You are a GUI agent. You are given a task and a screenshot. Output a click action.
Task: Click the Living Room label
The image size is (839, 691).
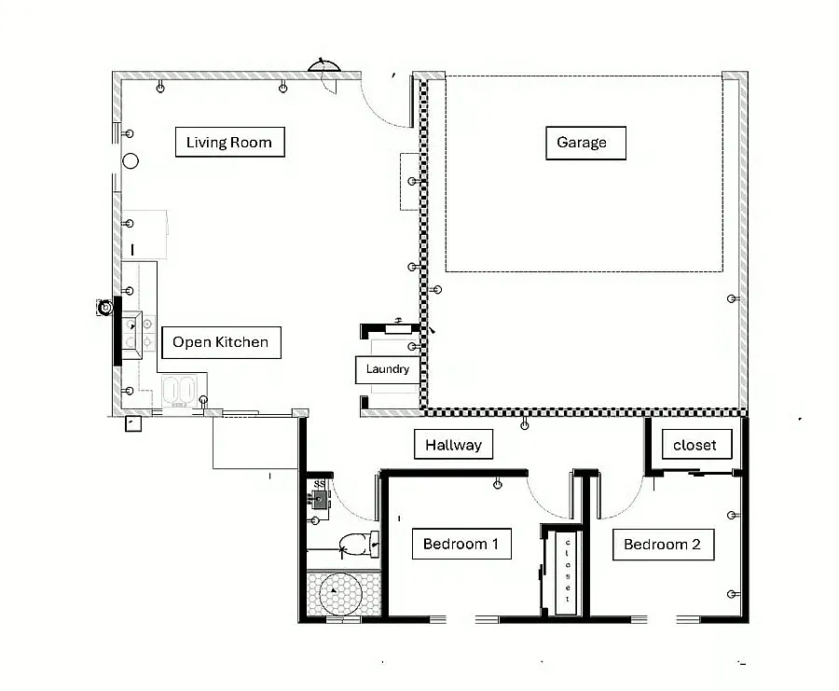[229, 142]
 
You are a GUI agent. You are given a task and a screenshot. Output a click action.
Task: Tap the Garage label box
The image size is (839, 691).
[585, 143]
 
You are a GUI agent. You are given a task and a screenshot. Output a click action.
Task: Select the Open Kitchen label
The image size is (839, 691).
[221, 342]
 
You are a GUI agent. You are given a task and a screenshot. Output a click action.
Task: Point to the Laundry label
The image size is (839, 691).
[388, 369]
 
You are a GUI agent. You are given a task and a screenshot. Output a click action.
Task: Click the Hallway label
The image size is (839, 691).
[453, 444]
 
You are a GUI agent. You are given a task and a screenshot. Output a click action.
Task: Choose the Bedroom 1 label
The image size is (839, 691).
[461, 544]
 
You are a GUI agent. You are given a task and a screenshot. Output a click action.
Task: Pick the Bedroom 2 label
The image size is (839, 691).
[663, 545]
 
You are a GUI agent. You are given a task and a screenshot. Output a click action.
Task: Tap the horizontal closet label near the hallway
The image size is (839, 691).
[696, 444]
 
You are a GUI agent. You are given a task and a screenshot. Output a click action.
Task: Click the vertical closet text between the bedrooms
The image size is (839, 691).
[568, 571]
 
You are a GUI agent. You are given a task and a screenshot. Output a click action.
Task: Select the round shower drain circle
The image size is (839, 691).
[341, 593]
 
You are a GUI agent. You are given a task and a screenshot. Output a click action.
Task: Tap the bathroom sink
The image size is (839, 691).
[320, 500]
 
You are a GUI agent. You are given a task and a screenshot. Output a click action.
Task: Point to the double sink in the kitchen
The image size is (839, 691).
[179, 390]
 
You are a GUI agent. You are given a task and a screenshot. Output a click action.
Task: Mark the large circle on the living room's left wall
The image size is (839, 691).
[131, 160]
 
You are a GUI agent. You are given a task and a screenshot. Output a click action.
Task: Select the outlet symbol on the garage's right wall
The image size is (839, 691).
[733, 298]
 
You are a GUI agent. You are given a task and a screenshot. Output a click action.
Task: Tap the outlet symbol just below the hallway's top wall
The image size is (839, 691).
[524, 424]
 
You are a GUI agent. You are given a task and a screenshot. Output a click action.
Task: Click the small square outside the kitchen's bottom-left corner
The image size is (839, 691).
[132, 424]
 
